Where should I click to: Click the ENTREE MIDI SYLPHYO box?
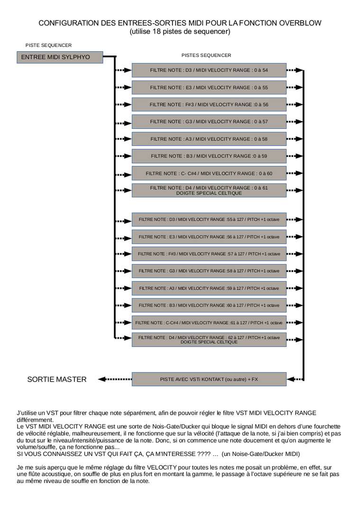pos(59,57)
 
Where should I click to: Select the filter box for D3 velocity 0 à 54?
pos(209,70)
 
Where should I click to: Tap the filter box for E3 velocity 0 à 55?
pos(209,87)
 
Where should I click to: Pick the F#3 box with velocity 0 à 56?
pos(209,104)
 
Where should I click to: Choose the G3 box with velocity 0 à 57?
pos(209,121)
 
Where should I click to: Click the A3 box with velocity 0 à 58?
pos(209,139)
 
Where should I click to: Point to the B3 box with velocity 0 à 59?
pos(209,156)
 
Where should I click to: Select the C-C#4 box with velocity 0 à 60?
pos(209,173)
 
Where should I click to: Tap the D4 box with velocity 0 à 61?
pos(209,191)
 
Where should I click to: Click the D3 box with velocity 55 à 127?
pos(209,219)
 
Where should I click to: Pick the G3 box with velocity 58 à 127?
pos(209,271)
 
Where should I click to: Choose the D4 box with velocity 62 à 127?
pos(209,339)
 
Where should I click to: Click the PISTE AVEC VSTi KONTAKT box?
pos(209,379)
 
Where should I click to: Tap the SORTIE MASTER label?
pos(57,379)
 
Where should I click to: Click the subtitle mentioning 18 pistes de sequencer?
pos(180,32)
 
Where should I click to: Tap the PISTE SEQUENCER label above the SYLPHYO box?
pos(49,46)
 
